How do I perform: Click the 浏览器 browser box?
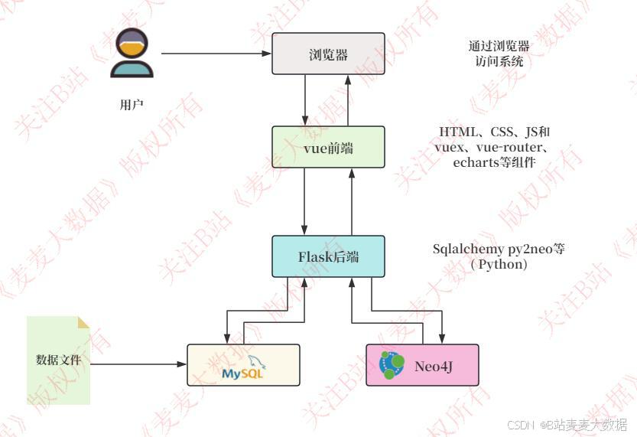pyautogui.click(x=328, y=54)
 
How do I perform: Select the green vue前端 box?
pyautogui.click(x=328, y=147)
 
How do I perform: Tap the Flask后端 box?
pyautogui.click(x=328, y=256)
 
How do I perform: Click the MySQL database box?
pyautogui.click(x=243, y=365)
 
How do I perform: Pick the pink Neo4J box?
pyautogui.click(x=422, y=365)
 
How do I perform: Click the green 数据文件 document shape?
pyautogui.click(x=58, y=360)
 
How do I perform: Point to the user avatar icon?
pyautogui.click(x=132, y=54)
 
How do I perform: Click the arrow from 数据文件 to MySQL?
pyautogui.click(x=138, y=364)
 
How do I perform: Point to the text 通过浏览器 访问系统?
pyautogui.click(x=499, y=54)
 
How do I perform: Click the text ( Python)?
pyautogui.click(x=499, y=264)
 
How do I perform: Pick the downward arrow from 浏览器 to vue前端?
pyautogui.click(x=305, y=99)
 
